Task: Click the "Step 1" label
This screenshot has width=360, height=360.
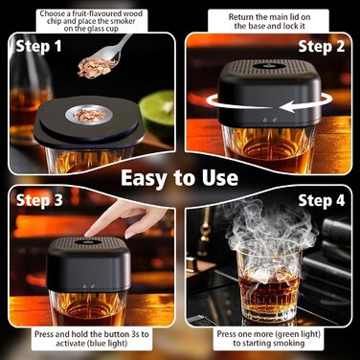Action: pos(38,47)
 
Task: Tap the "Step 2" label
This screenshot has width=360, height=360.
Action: pos(322,47)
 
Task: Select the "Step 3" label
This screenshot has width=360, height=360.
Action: pos(39,200)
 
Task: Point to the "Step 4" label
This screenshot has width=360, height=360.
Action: pos(322,201)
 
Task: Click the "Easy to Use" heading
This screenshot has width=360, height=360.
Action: pos(180,178)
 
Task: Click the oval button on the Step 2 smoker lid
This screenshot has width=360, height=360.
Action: pos(269,67)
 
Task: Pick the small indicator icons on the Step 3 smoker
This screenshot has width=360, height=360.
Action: pos(88,286)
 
